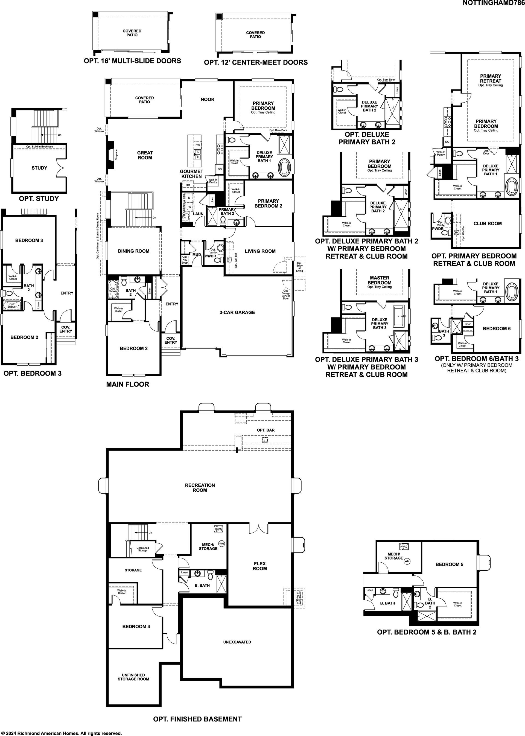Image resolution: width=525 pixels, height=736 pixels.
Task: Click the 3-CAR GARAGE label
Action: point(237,312)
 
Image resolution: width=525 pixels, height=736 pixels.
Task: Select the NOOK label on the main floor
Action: point(208,99)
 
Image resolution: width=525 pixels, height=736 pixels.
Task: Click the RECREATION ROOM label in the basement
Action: point(200,488)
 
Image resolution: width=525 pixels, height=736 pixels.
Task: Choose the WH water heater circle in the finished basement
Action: point(221,544)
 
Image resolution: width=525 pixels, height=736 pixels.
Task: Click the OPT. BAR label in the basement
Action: point(266,430)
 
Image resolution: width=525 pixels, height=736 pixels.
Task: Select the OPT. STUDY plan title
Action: point(39,199)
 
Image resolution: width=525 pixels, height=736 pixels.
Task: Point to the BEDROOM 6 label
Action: point(497,328)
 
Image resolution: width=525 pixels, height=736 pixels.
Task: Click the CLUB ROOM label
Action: point(488,223)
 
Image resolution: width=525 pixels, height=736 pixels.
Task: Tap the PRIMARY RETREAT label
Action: point(490,78)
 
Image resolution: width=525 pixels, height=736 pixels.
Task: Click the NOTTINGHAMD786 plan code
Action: point(494,3)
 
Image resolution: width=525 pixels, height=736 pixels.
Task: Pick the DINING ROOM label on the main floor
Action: point(133,251)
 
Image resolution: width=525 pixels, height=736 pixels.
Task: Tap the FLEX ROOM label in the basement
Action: point(260,566)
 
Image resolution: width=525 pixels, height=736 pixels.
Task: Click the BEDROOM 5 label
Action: point(449,564)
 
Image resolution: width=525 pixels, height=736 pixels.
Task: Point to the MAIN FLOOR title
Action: point(128,384)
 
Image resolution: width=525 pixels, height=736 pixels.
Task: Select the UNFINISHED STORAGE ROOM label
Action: point(133,677)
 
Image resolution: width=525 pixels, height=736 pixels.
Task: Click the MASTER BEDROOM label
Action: point(380,280)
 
